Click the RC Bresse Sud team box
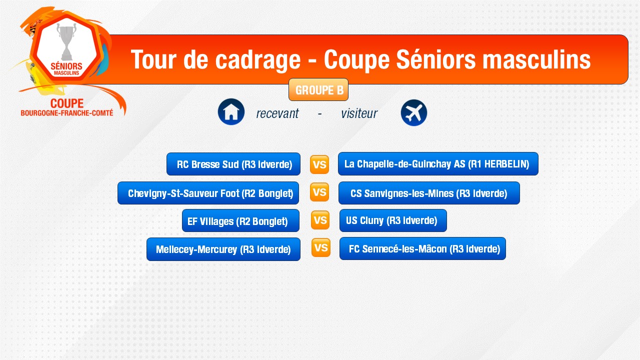coord(233,164)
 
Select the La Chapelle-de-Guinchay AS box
coord(438,163)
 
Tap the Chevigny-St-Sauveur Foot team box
coord(208,193)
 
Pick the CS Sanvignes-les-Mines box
coord(429,193)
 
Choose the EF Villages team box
coord(240,220)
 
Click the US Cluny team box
coord(393,220)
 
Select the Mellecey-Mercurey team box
coord(223,249)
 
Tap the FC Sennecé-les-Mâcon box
coord(422,248)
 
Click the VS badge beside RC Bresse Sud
coord(319,164)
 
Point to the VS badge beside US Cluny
coord(320,220)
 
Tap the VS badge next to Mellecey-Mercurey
coord(321,247)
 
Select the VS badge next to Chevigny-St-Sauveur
coord(319,192)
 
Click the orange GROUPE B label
coord(318,89)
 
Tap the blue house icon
coord(231,111)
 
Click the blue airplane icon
coord(413,112)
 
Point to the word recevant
coord(277,113)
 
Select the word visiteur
coord(359,113)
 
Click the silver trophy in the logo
coord(66,41)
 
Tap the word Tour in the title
coord(153,59)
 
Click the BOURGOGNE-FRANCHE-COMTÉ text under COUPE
coord(67,113)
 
